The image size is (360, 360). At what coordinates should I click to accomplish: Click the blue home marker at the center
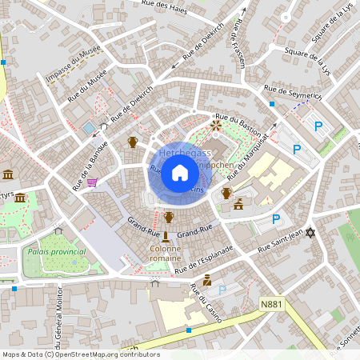(x=180, y=173)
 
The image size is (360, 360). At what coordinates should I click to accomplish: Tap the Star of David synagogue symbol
(x=311, y=233)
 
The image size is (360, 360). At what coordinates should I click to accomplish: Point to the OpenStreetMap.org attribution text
(x=104, y=354)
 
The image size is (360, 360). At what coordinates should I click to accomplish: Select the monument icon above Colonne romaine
(x=165, y=235)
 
